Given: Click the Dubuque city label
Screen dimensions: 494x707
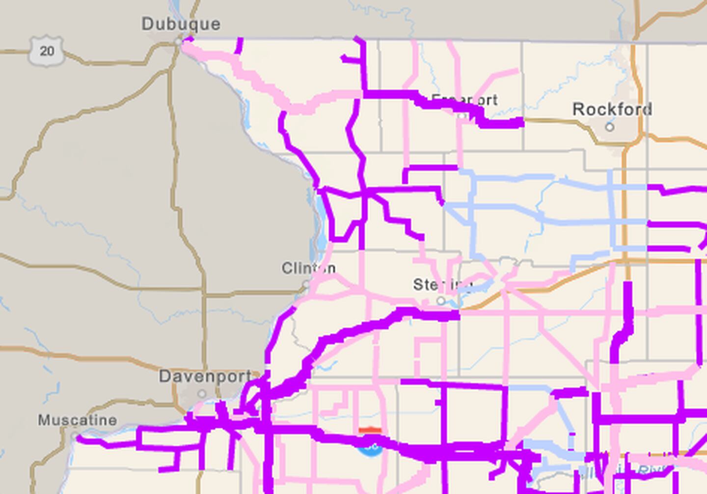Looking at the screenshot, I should pos(181,24).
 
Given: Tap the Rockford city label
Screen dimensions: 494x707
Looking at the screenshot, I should pos(612,109).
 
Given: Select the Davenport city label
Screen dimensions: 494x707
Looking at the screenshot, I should pos(205,377).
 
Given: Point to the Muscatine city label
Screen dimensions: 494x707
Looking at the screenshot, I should pos(78,420).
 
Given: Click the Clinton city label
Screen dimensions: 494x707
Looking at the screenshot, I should pos(308,268).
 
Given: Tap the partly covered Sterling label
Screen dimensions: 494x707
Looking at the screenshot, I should pos(442,285).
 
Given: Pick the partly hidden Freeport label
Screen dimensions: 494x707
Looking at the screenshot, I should pos(464,100).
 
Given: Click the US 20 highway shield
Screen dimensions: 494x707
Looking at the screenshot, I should pos(47,51).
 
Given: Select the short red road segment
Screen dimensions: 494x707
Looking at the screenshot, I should pos(370,431).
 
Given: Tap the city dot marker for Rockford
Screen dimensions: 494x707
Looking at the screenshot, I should pos(609,127).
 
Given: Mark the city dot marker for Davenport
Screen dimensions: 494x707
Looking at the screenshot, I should pos(202,394).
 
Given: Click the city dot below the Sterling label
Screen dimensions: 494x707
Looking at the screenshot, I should pos(441,300).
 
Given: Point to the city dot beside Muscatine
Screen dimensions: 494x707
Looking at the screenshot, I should pos(75,436).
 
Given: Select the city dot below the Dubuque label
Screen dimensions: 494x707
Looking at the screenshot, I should pos(178,42).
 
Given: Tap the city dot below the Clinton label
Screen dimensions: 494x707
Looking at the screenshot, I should pos(306,284).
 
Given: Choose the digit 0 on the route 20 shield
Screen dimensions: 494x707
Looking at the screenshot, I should pos(51,51).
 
